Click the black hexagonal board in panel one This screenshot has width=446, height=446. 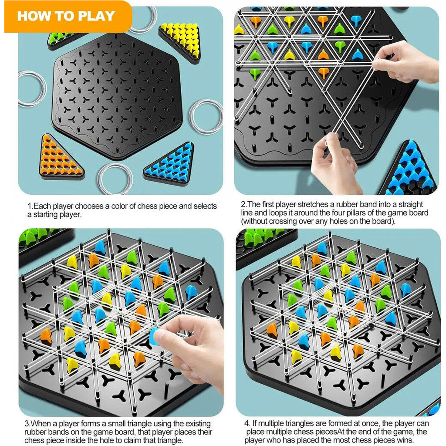click(x=117, y=95)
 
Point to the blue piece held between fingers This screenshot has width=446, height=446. click(x=154, y=336)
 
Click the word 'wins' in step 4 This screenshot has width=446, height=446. click(x=405, y=440)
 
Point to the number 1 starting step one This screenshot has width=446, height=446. click(x=29, y=206)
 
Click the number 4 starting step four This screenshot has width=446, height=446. click(x=247, y=424)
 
